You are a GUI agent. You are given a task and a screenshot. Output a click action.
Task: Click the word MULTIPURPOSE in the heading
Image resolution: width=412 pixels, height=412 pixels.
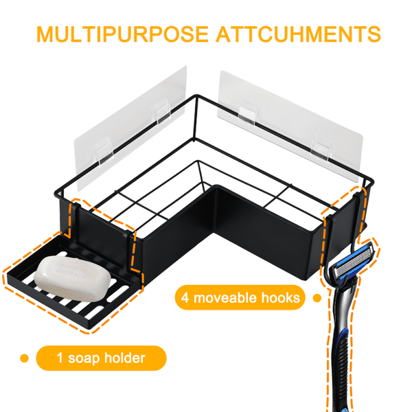122,34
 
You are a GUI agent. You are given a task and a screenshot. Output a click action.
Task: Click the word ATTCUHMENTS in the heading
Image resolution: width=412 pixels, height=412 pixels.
298,34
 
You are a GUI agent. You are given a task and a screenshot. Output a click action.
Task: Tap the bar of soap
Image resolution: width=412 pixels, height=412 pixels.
73,278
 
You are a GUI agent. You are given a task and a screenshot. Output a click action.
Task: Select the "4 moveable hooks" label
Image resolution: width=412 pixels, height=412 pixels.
240,298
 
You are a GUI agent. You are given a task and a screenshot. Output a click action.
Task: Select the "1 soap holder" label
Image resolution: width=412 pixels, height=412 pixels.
101,358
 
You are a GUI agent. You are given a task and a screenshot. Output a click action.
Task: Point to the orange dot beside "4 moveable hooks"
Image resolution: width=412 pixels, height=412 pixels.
317,298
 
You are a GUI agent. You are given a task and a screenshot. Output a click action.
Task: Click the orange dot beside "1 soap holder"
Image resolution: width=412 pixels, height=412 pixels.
25,358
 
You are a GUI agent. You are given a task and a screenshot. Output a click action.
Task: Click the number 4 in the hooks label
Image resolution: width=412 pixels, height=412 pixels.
185,298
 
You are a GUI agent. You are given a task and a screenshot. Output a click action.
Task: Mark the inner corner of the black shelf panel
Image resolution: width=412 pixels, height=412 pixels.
214,233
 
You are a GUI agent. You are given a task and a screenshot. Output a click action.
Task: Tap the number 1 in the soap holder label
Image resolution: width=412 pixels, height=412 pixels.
60,358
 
